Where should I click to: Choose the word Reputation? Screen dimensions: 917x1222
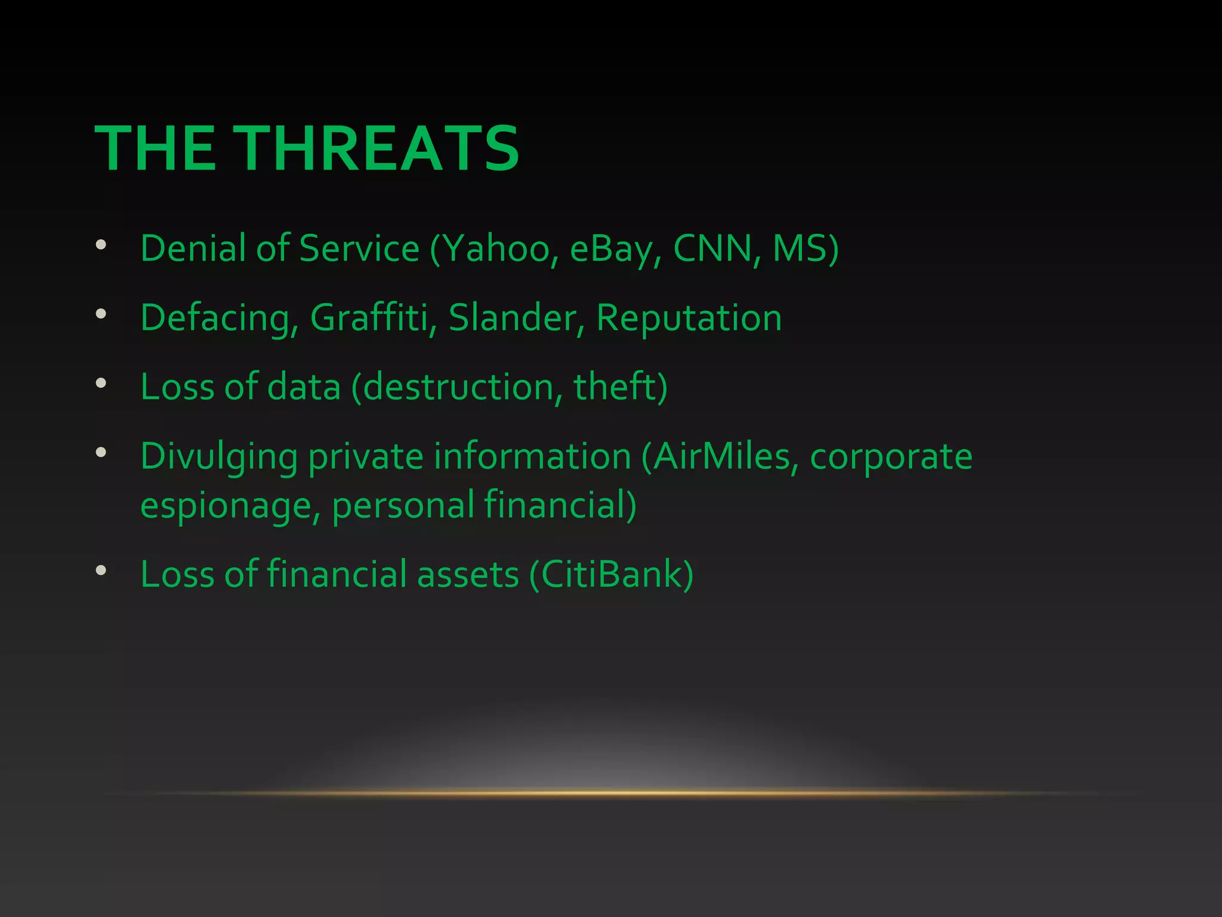(x=689, y=318)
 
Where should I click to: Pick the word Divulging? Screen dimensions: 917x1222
(x=218, y=457)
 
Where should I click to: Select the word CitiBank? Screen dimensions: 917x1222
(x=615, y=574)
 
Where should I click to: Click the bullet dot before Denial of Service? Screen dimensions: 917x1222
(x=101, y=244)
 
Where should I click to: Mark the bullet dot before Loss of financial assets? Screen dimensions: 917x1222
(x=101, y=570)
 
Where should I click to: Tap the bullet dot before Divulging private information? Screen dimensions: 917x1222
(x=101, y=452)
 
